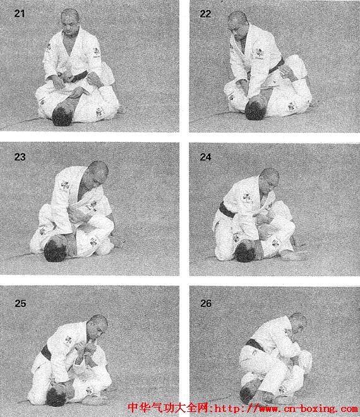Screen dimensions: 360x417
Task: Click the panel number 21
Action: click(x=20, y=13)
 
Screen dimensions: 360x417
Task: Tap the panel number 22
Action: click(x=205, y=14)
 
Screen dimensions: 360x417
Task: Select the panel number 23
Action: click(x=20, y=157)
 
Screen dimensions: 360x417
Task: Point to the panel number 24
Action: click(x=205, y=157)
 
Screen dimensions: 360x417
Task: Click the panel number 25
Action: click(x=20, y=303)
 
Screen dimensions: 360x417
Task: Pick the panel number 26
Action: click(x=206, y=303)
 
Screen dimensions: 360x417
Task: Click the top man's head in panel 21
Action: click(x=70, y=20)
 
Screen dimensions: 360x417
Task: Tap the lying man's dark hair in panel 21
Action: click(x=62, y=116)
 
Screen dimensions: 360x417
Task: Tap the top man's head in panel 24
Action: click(x=269, y=180)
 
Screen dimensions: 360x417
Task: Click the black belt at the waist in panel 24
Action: click(x=227, y=210)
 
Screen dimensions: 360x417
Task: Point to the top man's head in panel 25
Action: click(x=97, y=327)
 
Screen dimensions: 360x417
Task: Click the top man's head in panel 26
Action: click(x=297, y=322)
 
